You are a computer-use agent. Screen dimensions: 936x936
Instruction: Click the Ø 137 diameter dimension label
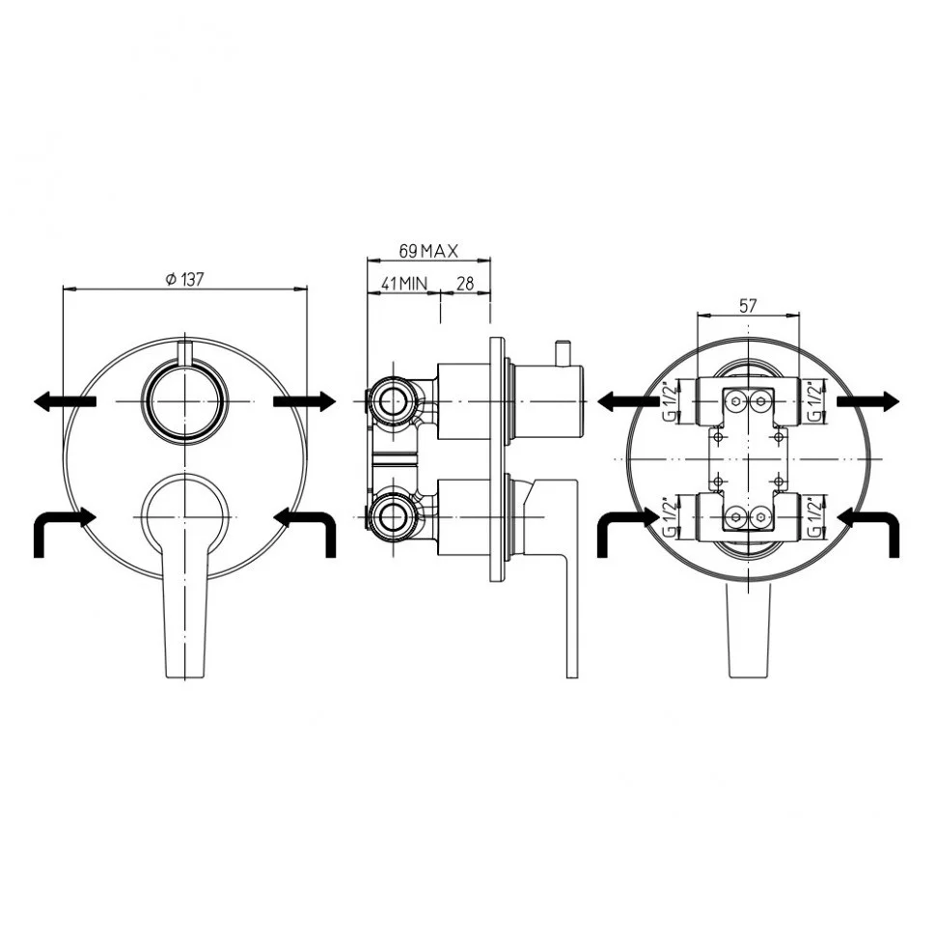pos(185,279)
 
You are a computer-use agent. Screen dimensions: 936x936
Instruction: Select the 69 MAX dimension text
pos(428,251)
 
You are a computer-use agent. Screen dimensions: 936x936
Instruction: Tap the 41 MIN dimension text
pos(404,283)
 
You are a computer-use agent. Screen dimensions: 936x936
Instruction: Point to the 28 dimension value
pos(465,283)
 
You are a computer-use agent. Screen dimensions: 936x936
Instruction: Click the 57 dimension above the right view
pos(748,306)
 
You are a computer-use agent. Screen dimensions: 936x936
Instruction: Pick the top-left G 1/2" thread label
pos(671,400)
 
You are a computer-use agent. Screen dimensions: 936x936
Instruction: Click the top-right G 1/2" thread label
pos(813,400)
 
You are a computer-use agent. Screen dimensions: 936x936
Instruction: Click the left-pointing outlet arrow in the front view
pos(65,401)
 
